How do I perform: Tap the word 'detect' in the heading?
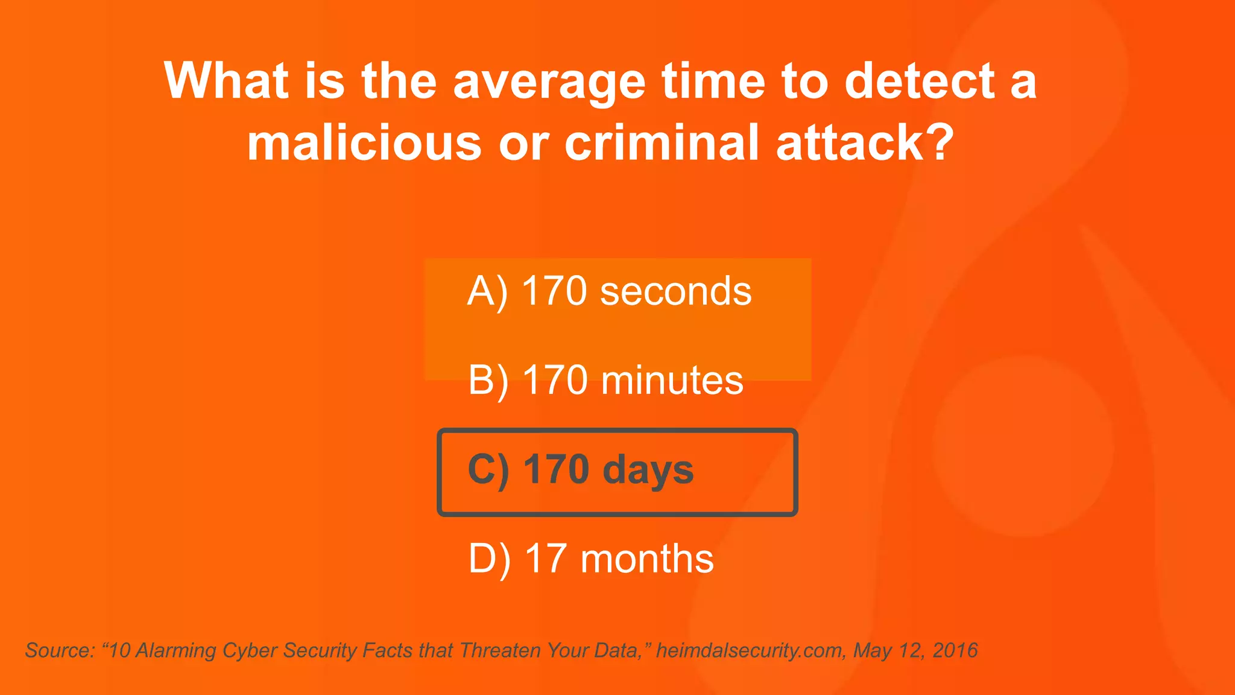(x=920, y=81)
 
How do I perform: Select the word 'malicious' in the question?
(x=364, y=142)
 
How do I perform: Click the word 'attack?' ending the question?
(x=865, y=142)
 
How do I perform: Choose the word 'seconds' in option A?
(x=675, y=291)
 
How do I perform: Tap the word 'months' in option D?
(x=647, y=559)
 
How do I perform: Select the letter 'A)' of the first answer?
(x=487, y=292)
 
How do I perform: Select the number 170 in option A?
(x=554, y=291)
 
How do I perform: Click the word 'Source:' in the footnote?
(x=60, y=650)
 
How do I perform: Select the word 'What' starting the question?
(x=226, y=81)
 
